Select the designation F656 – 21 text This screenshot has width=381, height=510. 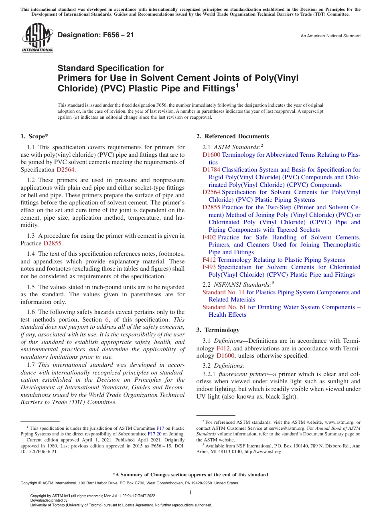(96, 35)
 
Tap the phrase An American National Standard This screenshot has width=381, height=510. (330, 36)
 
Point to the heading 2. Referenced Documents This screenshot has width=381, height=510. (233, 136)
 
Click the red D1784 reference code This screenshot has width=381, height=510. (211, 170)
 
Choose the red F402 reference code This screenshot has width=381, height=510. (209, 237)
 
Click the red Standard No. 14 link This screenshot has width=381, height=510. (223, 292)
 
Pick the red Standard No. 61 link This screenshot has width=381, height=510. (224, 307)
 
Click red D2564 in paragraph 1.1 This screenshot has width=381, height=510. (66, 170)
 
